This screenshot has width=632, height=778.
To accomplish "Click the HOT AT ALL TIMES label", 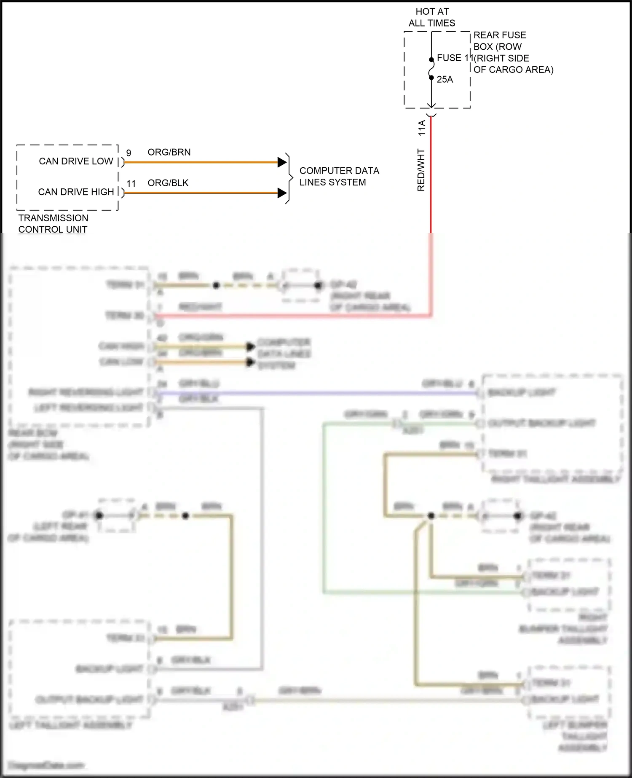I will click(x=432, y=17).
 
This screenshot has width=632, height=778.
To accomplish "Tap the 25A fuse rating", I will click(x=445, y=79).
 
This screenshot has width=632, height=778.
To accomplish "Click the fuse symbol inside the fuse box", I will click(x=431, y=69).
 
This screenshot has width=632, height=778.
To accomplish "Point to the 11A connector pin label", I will click(x=422, y=128).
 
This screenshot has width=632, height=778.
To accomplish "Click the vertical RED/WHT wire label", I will click(x=421, y=170).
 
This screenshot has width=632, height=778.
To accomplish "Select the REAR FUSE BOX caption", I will click(x=513, y=52).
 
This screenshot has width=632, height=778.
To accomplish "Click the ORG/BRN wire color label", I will click(x=169, y=152).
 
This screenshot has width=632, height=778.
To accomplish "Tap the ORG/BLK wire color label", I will click(x=168, y=183).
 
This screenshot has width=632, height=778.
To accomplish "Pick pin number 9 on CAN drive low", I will click(x=129, y=153).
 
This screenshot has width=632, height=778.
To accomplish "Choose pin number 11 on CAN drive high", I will click(x=131, y=184).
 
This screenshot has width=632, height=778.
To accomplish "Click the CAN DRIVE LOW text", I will click(x=76, y=161).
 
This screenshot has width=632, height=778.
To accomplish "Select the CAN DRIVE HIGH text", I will click(x=76, y=192).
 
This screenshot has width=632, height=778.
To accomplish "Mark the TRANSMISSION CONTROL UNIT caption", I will click(x=53, y=224).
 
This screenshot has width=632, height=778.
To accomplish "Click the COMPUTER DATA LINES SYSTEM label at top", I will click(x=339, y=177).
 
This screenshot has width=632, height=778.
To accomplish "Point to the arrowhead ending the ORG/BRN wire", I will click(x=282, y=162).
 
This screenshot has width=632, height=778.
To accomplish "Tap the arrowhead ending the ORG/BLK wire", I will click(x=282, y=193).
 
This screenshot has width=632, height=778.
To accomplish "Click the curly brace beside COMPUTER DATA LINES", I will click(x=289, y=178).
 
